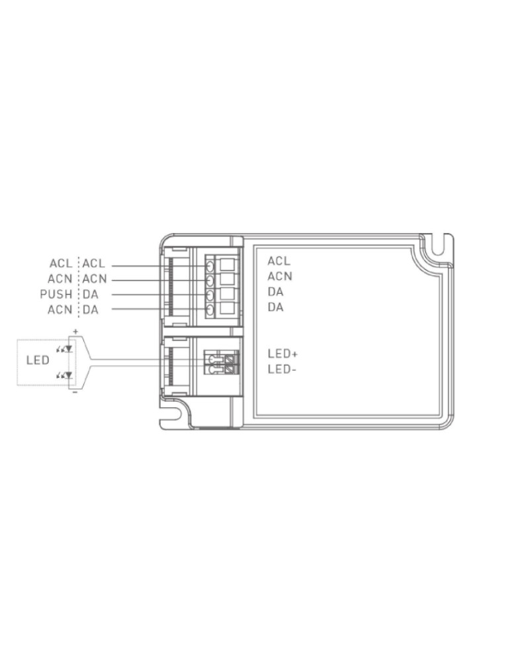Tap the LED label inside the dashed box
[x=38, y=361]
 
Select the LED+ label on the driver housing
[x=283, y=354]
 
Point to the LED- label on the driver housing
[x=282, y=369]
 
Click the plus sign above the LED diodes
[x=76, y=331]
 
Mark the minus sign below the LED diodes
[x=75, y=392]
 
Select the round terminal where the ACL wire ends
[x=210, y=265]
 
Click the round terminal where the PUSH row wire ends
[x=210, y=295]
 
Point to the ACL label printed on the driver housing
[x=279, y=261]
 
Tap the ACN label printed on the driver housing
[x=280, y=277]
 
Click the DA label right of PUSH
[x=91, y=294]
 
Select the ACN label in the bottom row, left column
[x=60, y=309]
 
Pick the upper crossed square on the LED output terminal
[x=230, y=359]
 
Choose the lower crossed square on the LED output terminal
[x=230, y=369]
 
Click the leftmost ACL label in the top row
[x=60, y=264]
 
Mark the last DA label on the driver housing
[x=275, y=307]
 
